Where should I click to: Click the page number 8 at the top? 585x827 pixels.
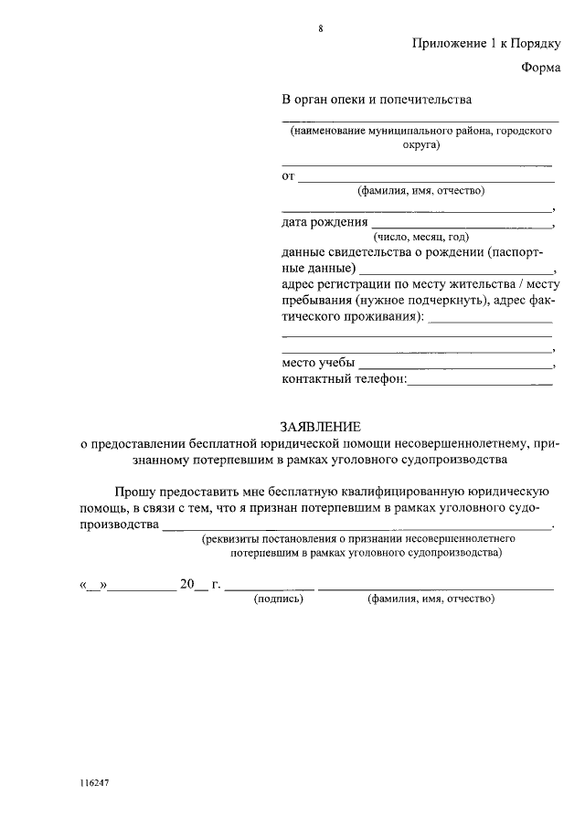point(321,28)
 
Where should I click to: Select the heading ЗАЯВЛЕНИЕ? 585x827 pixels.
point(320,426)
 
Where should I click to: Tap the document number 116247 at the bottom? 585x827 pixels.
point(94,783)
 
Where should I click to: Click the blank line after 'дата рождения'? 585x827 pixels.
point(462,225)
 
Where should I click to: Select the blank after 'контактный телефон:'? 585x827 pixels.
point(479,382)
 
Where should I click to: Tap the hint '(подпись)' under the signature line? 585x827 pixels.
point(277,599)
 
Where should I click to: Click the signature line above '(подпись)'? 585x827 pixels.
point(270,587)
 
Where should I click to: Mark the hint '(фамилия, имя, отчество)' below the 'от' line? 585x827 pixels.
point(420,191)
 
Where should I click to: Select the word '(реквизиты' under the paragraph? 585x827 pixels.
point(232,540)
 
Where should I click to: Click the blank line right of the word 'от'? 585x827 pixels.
point(426,178)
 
